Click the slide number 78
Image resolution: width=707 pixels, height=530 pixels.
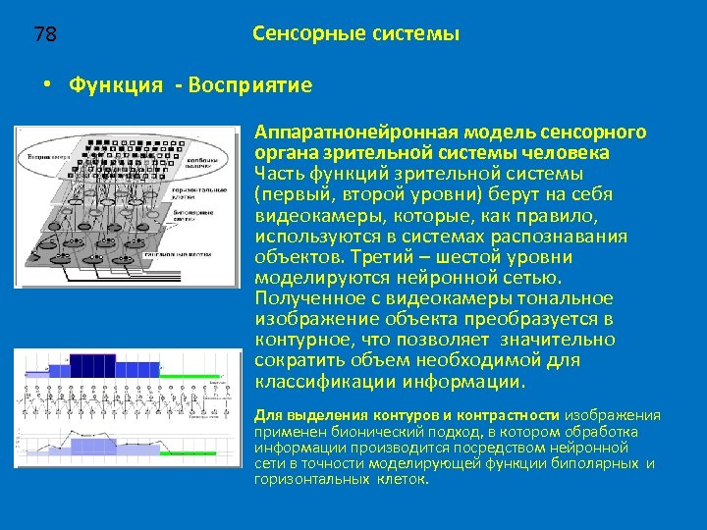coord(45,35)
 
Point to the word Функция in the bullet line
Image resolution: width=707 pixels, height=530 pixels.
coord(116,85)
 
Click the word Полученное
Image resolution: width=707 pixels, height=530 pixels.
coord(305,298)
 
